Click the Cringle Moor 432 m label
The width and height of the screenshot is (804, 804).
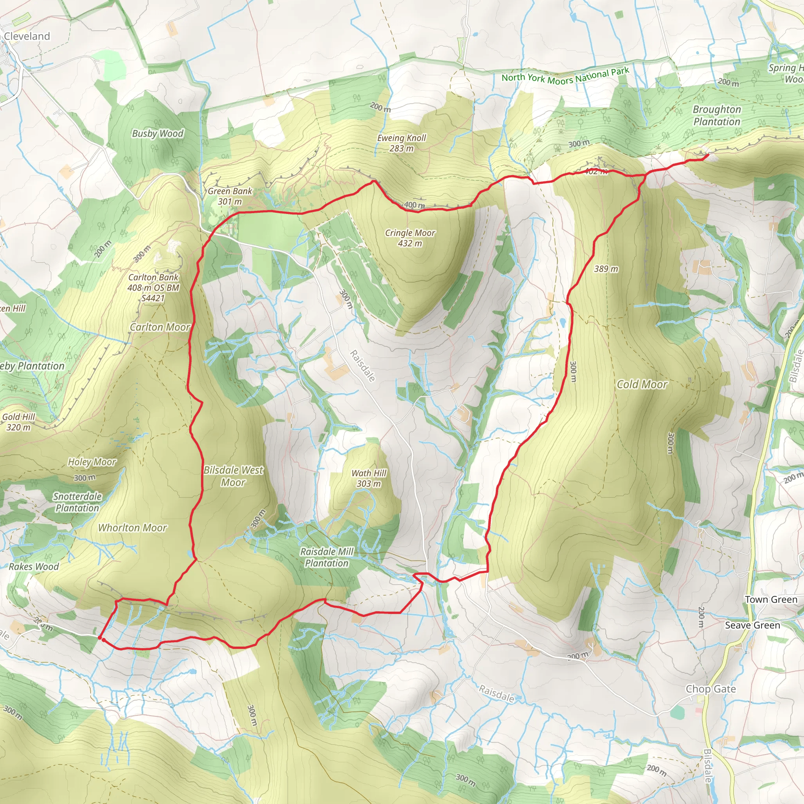tap(410, 238)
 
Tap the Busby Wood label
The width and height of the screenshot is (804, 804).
tap(157, 133)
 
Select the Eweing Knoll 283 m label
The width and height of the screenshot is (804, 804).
tap(402, 143)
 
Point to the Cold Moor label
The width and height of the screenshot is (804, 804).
tap(642, 384)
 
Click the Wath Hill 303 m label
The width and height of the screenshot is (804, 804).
tap(369, 478)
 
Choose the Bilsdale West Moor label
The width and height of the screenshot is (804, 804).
tap(233, 476)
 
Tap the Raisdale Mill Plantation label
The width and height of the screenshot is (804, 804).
tap(327, 557)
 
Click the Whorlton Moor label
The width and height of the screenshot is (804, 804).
tap(132, 528)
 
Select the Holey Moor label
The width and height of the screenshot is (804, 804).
tap(92, 462)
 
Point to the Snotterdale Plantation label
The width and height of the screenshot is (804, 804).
tap(77, 502)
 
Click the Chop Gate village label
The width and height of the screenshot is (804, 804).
tap(710, 689)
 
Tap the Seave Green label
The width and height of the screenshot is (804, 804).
tap(753, 625)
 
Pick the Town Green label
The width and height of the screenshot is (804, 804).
tap(771, 599)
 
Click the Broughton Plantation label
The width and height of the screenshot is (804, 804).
tap(716, 115)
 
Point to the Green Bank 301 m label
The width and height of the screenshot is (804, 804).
tap(230, 196)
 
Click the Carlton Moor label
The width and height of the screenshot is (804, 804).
tap(160, 327)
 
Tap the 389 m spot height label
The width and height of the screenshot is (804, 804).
tap(605, 269)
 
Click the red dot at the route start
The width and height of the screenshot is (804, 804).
tap(100, 637)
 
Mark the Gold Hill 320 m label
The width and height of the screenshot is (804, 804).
tap(18, 422)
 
